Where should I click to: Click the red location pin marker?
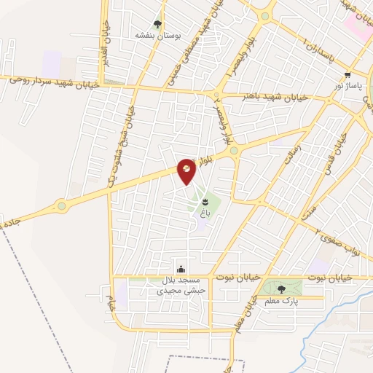click(x=186, y=170)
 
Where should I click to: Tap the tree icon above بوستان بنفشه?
click(x=157, y=23)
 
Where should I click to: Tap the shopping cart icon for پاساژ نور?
click(x=348, y=74)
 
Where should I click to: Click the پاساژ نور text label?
click(x=348, y=85)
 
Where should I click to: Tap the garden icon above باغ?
click(x=205, y=199)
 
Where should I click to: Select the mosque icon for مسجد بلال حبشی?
click(x=181, y=269)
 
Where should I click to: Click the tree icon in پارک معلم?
click(x=282, y=288)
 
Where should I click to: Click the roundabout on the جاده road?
click(x=61, y=205)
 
